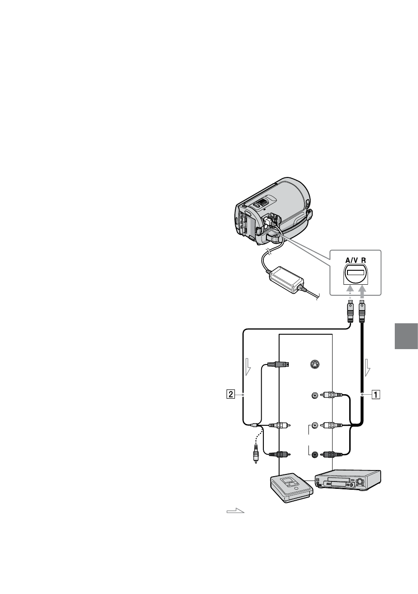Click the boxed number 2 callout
230,394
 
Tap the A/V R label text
355,260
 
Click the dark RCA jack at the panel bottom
315,454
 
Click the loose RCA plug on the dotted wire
256,455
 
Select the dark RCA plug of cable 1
332,454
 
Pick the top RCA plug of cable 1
332,395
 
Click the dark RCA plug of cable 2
280,454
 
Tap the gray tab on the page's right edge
406,336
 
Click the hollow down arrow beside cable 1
368,368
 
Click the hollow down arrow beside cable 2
248,367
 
